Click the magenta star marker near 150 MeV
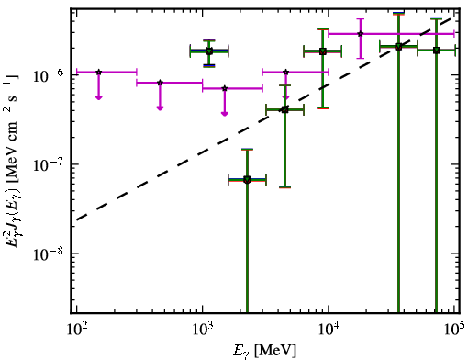point(98,72)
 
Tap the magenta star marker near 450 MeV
point(160,83)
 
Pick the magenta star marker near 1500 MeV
point(225,88)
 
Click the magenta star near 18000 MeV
point(361,34)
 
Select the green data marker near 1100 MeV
point(209,51)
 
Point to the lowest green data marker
point(247,179)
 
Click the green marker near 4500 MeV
point(284,109)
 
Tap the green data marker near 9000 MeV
point(323,51)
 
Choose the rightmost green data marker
point(437,50)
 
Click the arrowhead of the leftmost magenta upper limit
point(98,97)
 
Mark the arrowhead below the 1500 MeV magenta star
point(225,114)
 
